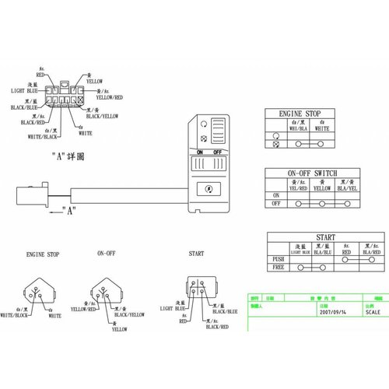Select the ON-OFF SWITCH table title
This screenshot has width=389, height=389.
pyautogui.click(x=312, y=173)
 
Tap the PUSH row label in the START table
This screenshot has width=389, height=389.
pyautogui.click(x=277, y=260)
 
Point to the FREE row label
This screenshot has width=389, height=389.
pyautogui.click(x=277, y=268)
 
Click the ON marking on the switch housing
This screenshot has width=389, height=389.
pyautogui.click(x=201, y=151)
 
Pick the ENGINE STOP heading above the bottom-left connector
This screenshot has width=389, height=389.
pyautogui.click(x=42, y=254)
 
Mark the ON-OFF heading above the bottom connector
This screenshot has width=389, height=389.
pyautogui.click(x=107, y=254)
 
